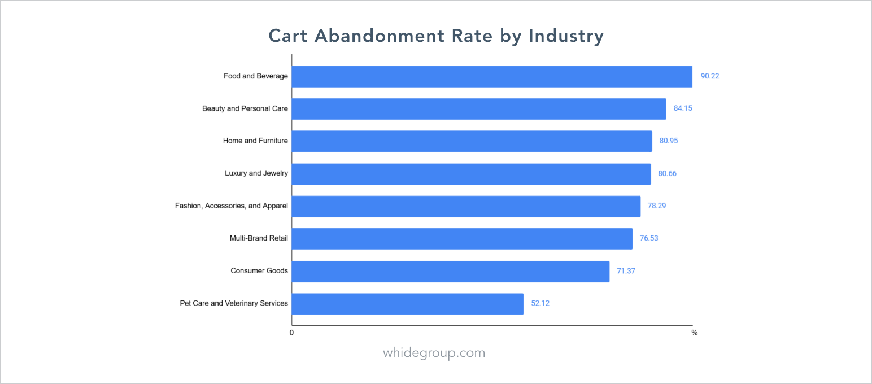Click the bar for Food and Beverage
click(x=491, y=76)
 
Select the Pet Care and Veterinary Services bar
click(x=407, y=303)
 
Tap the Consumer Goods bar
click(x=450, y=271)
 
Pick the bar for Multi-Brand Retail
click(x=462, y=238)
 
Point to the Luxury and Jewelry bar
click(x=471, y=173)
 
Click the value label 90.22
click(x=710, y=76)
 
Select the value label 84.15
click(x=683, y=108)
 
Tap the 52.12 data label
click(x=540, y=303)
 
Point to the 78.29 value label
click(x=657, y=206)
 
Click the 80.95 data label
click(x=669, y=141)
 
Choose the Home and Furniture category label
click(x=255, y=141)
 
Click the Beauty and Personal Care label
click(x=245, y=108)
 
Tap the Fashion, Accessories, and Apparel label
click(x=232, y=206)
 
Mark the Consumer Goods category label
click(x=259, y=271)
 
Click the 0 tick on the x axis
click(x=291, y=333)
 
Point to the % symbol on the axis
click(x=694, y=333)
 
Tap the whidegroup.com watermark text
click(x=434, y=353)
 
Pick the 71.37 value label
click(x=626, y=271)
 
